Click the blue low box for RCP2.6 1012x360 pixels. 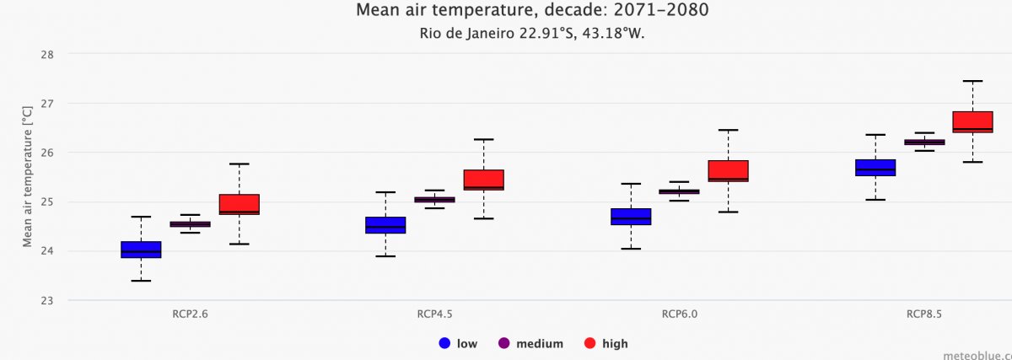click(141, 250)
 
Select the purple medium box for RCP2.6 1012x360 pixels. click(190, 224)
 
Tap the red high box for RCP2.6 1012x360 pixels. click(240, 204)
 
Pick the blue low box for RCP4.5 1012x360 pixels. click(385, 225)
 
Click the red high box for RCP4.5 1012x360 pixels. click(483, 180)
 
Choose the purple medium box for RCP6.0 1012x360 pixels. click(679, 192)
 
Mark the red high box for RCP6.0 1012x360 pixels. click(729, 170)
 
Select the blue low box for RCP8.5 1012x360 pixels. click(875, 167)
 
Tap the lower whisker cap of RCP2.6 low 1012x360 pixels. click(141, 281)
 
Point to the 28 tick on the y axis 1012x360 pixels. click(47, 55)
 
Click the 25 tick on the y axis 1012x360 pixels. click(47, 202)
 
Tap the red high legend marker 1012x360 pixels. click(590, 343)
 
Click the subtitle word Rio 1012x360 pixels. click(430, 34)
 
